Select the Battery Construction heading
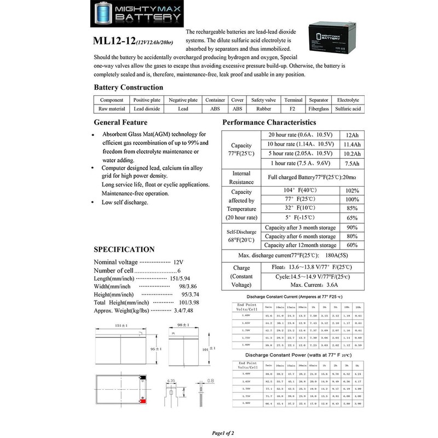point(128,87)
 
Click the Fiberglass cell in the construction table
point(318,109)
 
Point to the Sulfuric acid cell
point(348,109)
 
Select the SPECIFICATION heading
point(124,249)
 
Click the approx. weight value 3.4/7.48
point(168,309)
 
